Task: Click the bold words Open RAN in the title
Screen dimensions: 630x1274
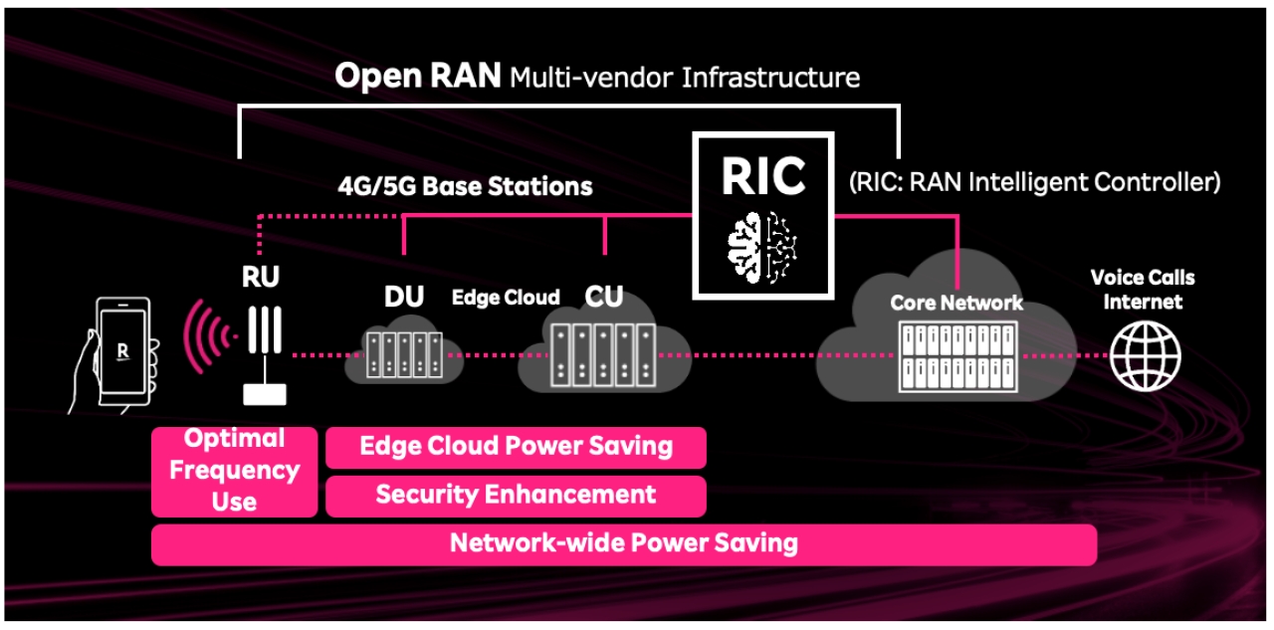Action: click(x=417, y=77)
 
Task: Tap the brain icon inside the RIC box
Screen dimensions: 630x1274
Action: click(x=763, y=244)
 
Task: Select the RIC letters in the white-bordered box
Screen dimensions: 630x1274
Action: click(x=763, y=176)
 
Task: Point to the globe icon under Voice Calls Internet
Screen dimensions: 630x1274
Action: click(x=1146, y=355)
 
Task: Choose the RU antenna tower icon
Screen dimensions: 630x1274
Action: click(x=264, y=353)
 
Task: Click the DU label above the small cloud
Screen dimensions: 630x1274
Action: click(x=403, y=297)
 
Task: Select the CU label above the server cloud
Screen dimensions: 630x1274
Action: click(x=604, y=297)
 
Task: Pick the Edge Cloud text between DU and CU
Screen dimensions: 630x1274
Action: click(x=506, y=298)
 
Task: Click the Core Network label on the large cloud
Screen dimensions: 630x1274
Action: click(x=955, y=303)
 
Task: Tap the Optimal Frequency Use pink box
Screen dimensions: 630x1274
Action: click(x=235, y=471)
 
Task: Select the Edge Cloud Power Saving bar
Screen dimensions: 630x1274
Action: click(x=516, y=447)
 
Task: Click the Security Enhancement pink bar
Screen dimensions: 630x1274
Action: click(x=516, y=495)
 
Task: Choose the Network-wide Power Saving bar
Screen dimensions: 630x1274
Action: click(x=623, y=543)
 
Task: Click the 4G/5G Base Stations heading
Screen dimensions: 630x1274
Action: click(x=463, y=186)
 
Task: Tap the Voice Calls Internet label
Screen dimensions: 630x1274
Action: click(x=1143, y=290)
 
